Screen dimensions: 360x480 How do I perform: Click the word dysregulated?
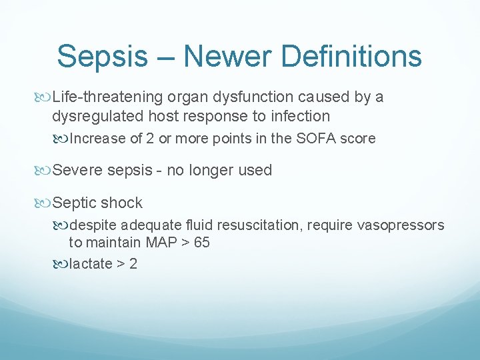tap(97, 116)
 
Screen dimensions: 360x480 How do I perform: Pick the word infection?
tap(301, 116)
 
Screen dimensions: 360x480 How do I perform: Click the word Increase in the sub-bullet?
tap(97, 139)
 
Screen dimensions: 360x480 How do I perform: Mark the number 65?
tap(201, 243)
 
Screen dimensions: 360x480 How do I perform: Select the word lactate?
tap(91, 263)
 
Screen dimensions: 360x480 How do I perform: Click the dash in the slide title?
tap(168, 57)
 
